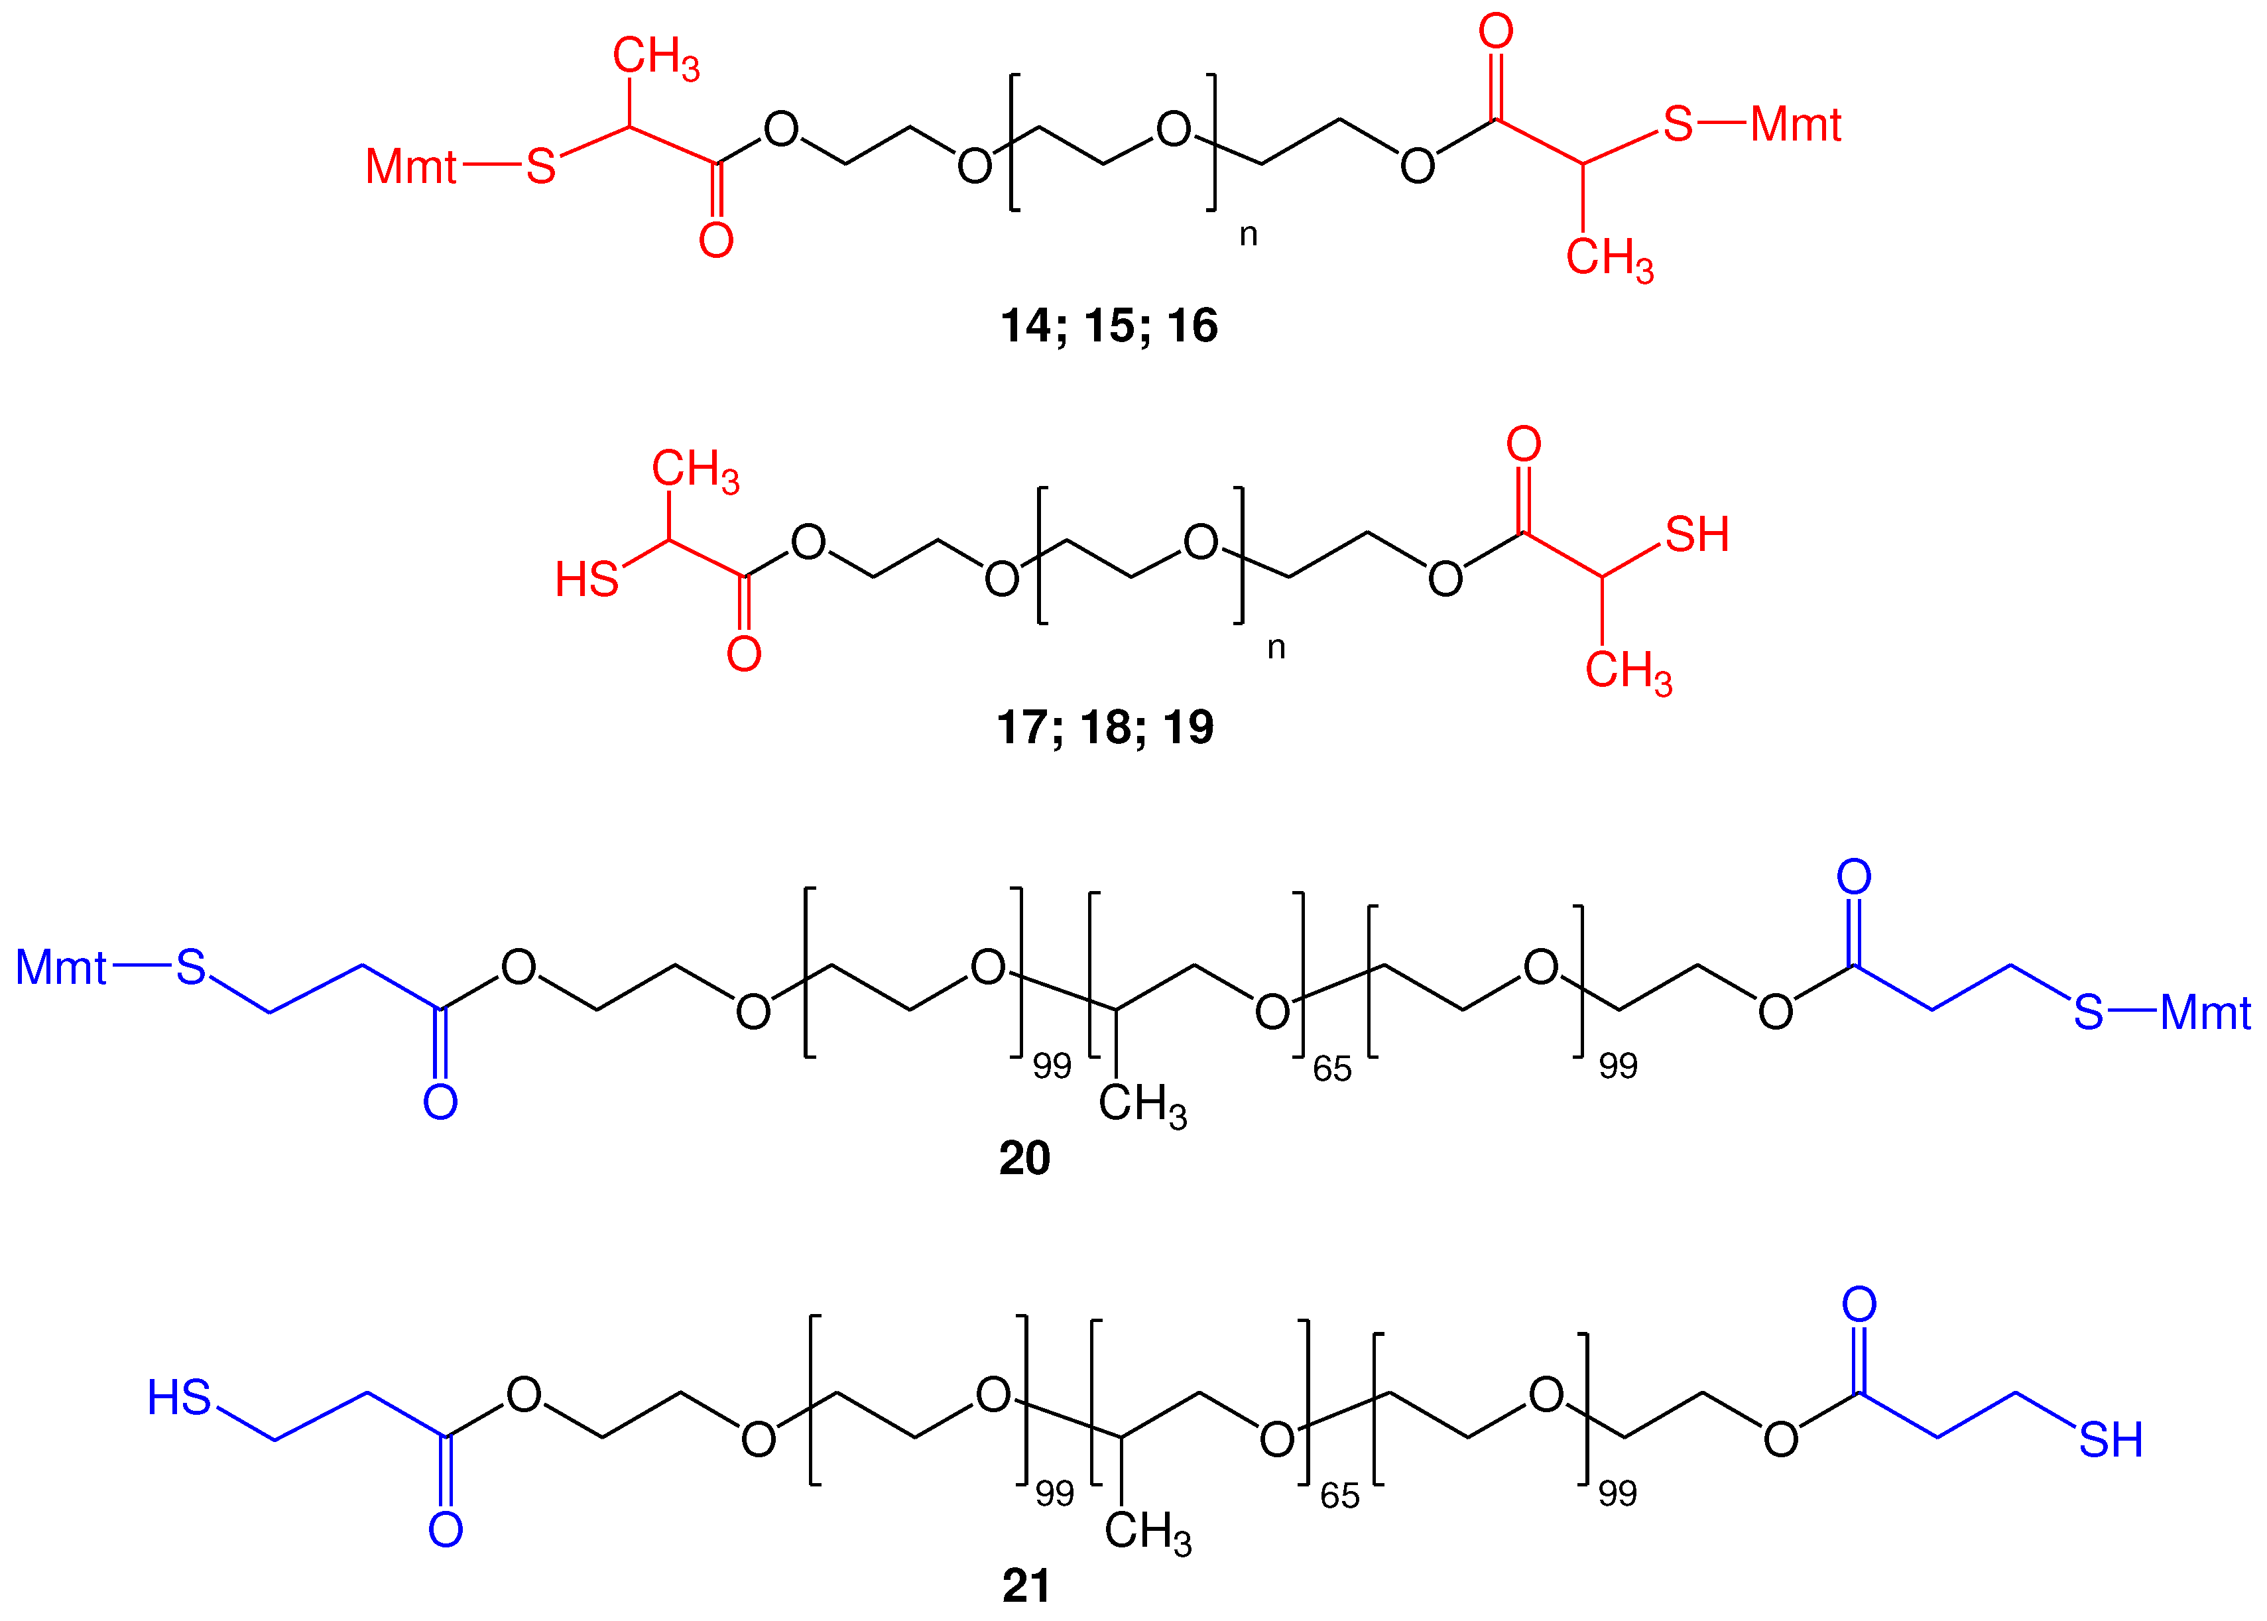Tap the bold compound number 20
click(1024, 1158)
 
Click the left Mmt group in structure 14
click(410, 166)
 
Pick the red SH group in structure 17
click(1696, 535)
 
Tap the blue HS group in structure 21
click(178, 1398)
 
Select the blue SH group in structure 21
click(2111, 1440)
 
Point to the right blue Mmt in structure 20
click(2205, 1013)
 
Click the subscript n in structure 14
click(1248, 235)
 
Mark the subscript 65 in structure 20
click(1331, 1069)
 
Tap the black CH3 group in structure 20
click(1142, 1106)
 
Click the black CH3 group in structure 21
click(1147, 1533)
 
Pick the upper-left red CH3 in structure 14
click(656, 57)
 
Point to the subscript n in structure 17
click(1276, 648)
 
